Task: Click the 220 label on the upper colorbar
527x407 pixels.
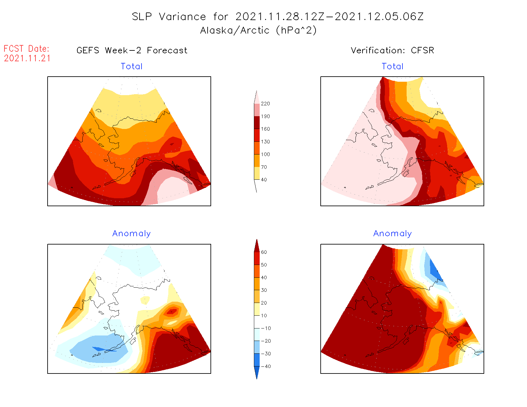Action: [265, 104]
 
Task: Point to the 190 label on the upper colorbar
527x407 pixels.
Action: [265, 117]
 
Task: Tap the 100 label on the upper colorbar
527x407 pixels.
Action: [265, 155]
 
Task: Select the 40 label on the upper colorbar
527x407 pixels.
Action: [264, 180]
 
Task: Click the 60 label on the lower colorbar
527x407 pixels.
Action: [264, 252]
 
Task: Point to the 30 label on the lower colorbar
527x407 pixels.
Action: [264, 290]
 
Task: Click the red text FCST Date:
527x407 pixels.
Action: [27, 49]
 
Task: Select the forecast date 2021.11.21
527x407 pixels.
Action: [27, 58]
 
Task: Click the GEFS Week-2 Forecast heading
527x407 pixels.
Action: [132, 50]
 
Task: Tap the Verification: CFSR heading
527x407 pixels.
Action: [392, 50]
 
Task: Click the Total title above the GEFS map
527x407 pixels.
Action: [132, 66]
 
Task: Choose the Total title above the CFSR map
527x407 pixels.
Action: [393, 66]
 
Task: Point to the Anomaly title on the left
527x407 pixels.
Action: [131, 234]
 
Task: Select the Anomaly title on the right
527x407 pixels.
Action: [393, 234]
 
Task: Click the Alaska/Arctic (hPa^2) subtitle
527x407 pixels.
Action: [258, 30]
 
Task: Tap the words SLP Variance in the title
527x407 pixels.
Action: [169, 17]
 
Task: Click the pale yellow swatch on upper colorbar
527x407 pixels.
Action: [257, 173]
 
